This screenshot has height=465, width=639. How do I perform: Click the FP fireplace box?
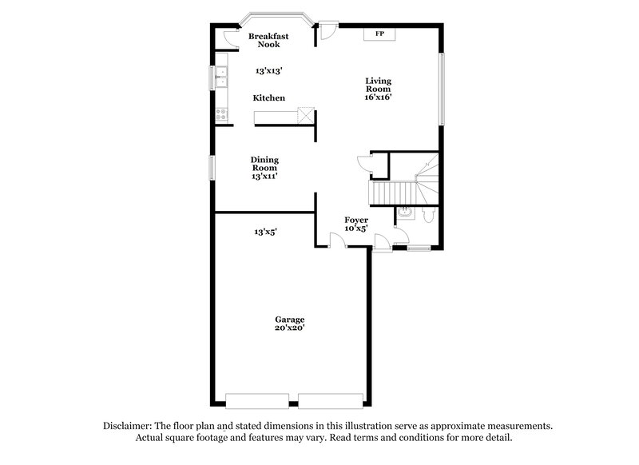(379, 34)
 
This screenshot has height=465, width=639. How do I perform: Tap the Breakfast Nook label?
(268, 41)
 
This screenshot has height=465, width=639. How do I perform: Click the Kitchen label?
(269, 98)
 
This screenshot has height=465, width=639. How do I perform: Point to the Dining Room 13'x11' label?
(264, 168)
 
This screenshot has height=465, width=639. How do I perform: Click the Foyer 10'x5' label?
(355, 223)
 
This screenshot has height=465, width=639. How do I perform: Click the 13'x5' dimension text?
(266, 232)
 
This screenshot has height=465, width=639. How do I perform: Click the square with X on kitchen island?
(304, 118)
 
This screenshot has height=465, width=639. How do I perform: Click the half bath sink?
(403, 213)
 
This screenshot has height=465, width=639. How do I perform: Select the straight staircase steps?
(391, 193)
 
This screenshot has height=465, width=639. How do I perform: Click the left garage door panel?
(257, 400)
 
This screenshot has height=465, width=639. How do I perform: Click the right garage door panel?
(331, 400)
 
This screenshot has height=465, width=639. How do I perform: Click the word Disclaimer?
(129, 427)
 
